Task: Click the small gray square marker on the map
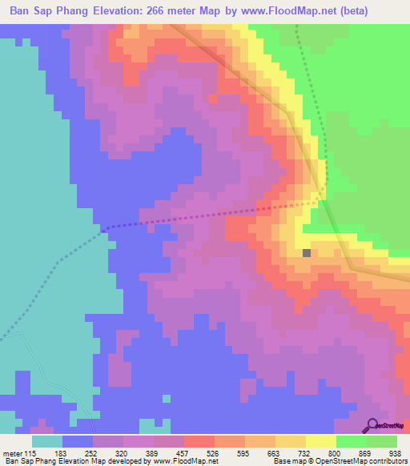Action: pos(307,253)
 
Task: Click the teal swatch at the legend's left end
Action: pos(46,441)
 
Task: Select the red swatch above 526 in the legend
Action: pos(199,441)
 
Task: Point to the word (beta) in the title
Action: pos(383,12)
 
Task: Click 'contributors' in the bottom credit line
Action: pos(386,461)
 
